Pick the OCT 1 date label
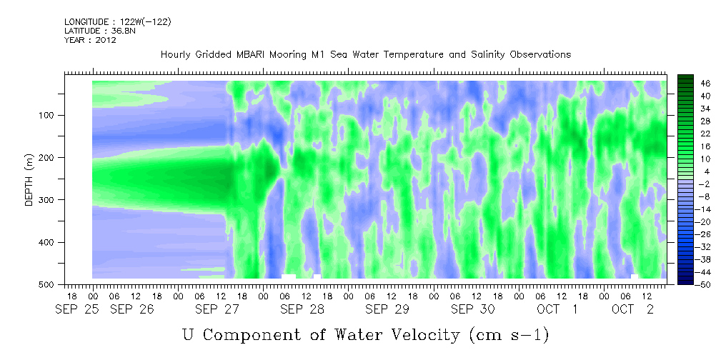pos(557,310)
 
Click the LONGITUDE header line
pos(118,21)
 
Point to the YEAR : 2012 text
pos(90,40)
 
